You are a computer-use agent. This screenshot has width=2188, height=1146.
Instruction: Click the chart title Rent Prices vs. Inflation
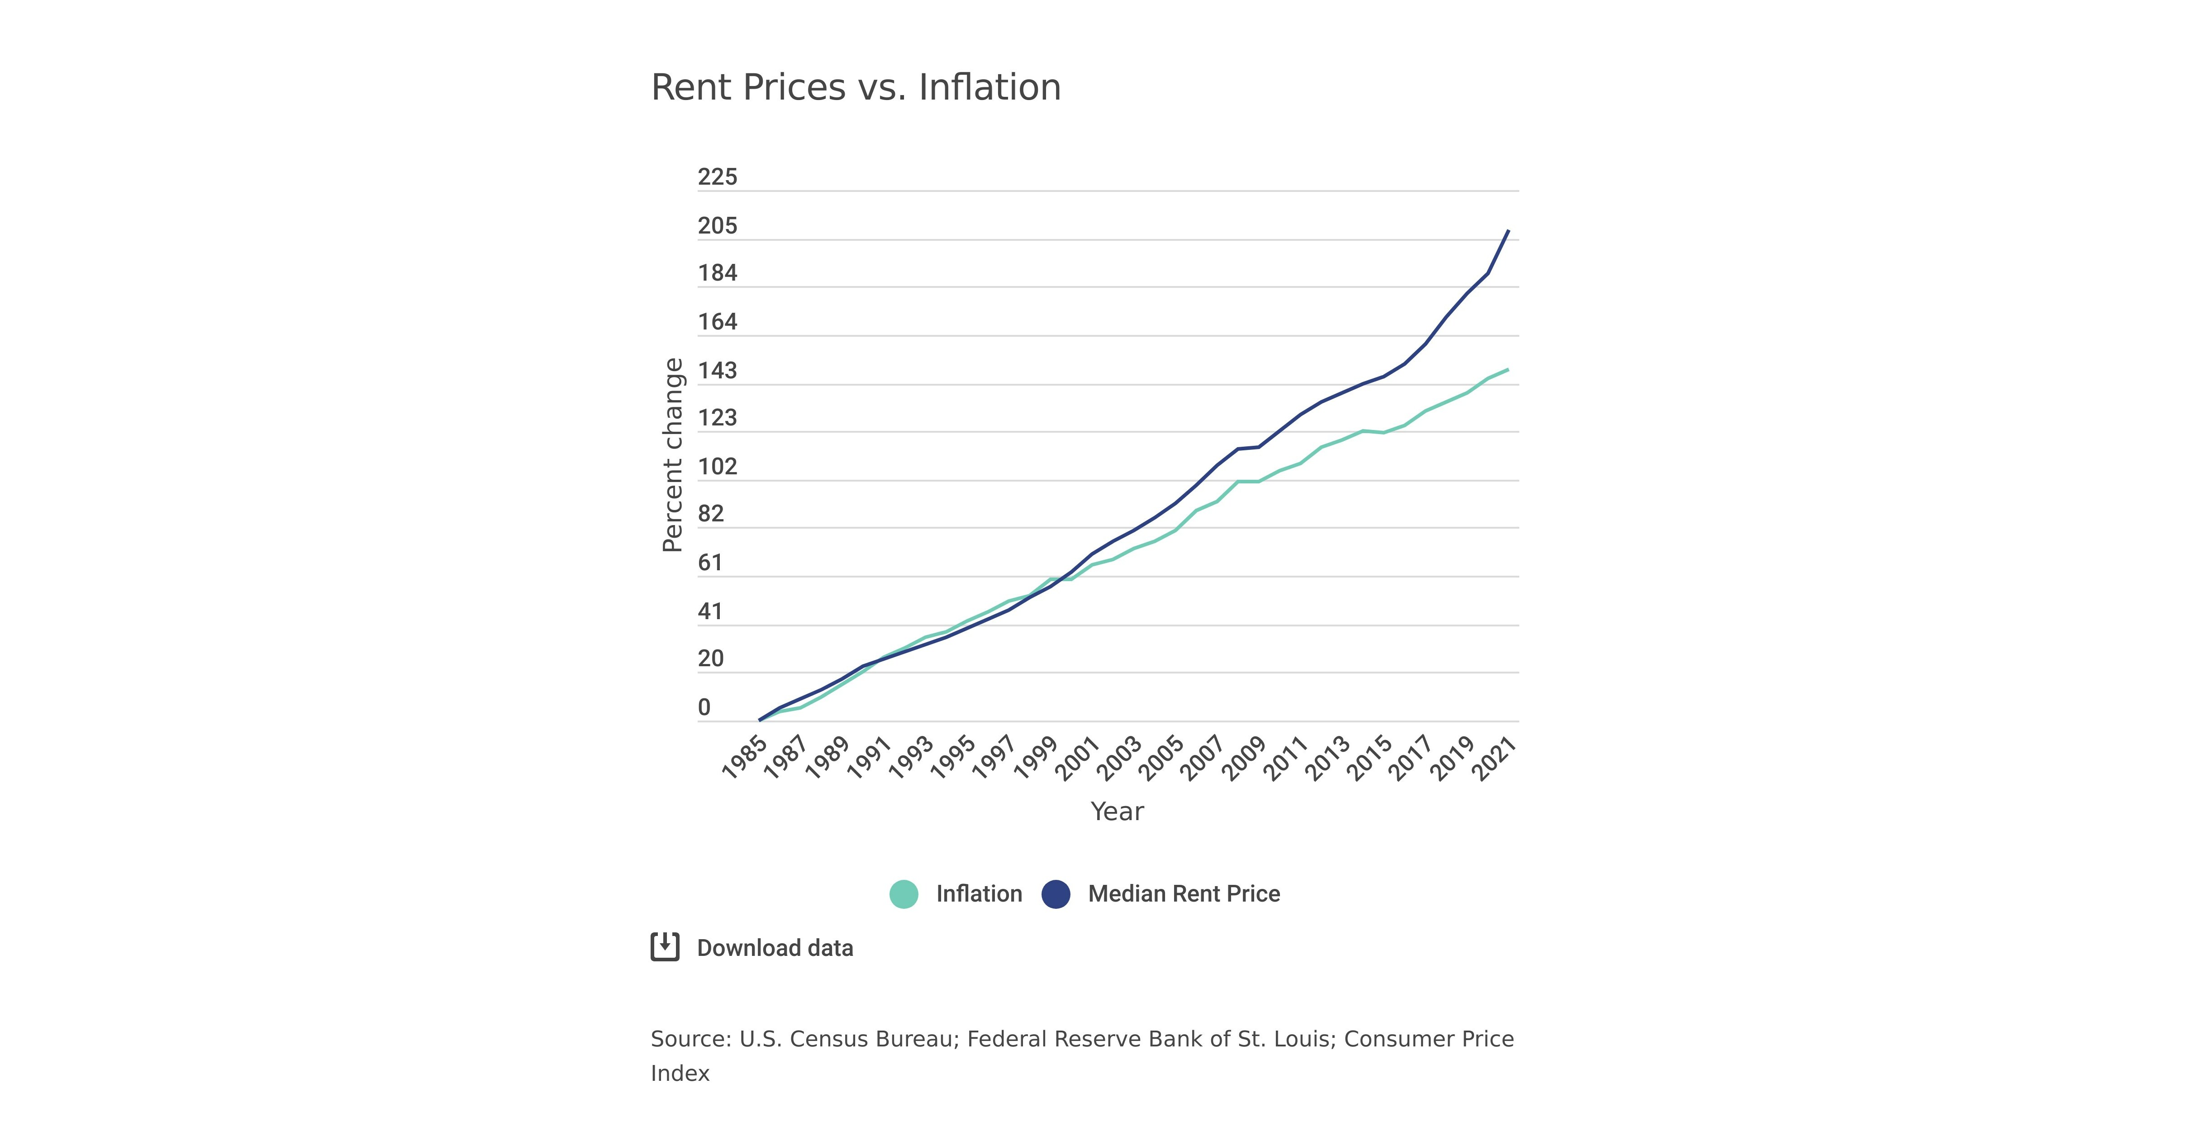855,87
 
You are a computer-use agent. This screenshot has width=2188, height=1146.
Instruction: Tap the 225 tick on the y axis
718,177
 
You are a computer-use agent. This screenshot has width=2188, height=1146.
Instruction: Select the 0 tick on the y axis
704,707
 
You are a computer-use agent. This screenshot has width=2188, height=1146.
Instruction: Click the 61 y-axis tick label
710,563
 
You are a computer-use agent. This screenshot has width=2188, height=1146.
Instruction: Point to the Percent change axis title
673,455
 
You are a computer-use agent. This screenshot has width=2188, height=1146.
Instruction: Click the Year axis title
1117,811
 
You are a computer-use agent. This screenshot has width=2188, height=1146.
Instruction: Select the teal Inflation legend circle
904,894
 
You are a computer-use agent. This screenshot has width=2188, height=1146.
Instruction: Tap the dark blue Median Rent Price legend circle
1056,894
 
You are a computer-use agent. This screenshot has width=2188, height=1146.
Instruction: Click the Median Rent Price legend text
1184,894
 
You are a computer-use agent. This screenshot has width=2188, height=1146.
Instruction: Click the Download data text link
775,948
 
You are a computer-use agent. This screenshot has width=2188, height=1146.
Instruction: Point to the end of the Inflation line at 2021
1508,369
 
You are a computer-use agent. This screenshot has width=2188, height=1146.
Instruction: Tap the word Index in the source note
680,1073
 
